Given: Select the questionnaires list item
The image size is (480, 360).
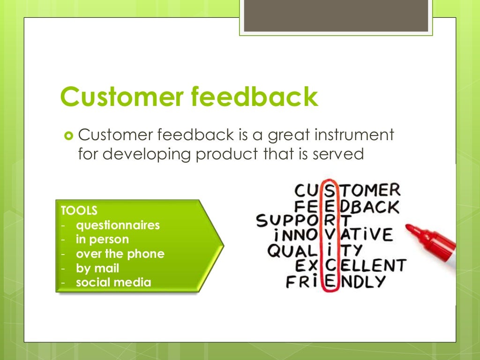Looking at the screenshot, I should (118, 225).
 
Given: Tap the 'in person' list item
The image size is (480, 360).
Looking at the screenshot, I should (102, 240).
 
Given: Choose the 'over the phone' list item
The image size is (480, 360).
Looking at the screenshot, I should (120, 254).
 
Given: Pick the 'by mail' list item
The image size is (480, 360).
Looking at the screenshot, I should (97, 268).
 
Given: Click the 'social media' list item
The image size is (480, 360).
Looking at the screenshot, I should (113, 283).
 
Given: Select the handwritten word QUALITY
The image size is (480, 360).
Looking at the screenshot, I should (315, 250).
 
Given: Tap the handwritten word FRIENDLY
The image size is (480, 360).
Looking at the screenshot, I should (336, 282).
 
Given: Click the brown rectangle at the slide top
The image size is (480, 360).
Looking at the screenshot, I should (336, 15).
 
